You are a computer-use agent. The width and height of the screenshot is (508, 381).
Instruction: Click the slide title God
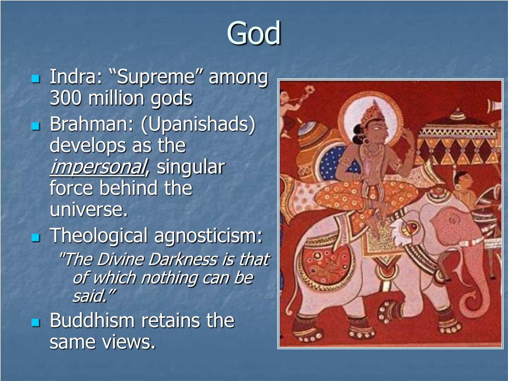point(254,33)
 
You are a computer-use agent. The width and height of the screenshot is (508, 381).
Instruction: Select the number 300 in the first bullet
point(66,98)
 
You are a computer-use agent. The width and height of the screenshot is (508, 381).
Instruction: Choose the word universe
point(89,210)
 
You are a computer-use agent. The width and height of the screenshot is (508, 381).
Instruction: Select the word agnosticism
point(208,236)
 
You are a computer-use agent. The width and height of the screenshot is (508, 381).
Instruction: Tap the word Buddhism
point(92,320)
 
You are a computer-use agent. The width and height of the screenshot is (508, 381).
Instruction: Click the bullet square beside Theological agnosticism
point(36,238)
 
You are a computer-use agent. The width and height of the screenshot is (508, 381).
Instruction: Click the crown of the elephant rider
point(373,112)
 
